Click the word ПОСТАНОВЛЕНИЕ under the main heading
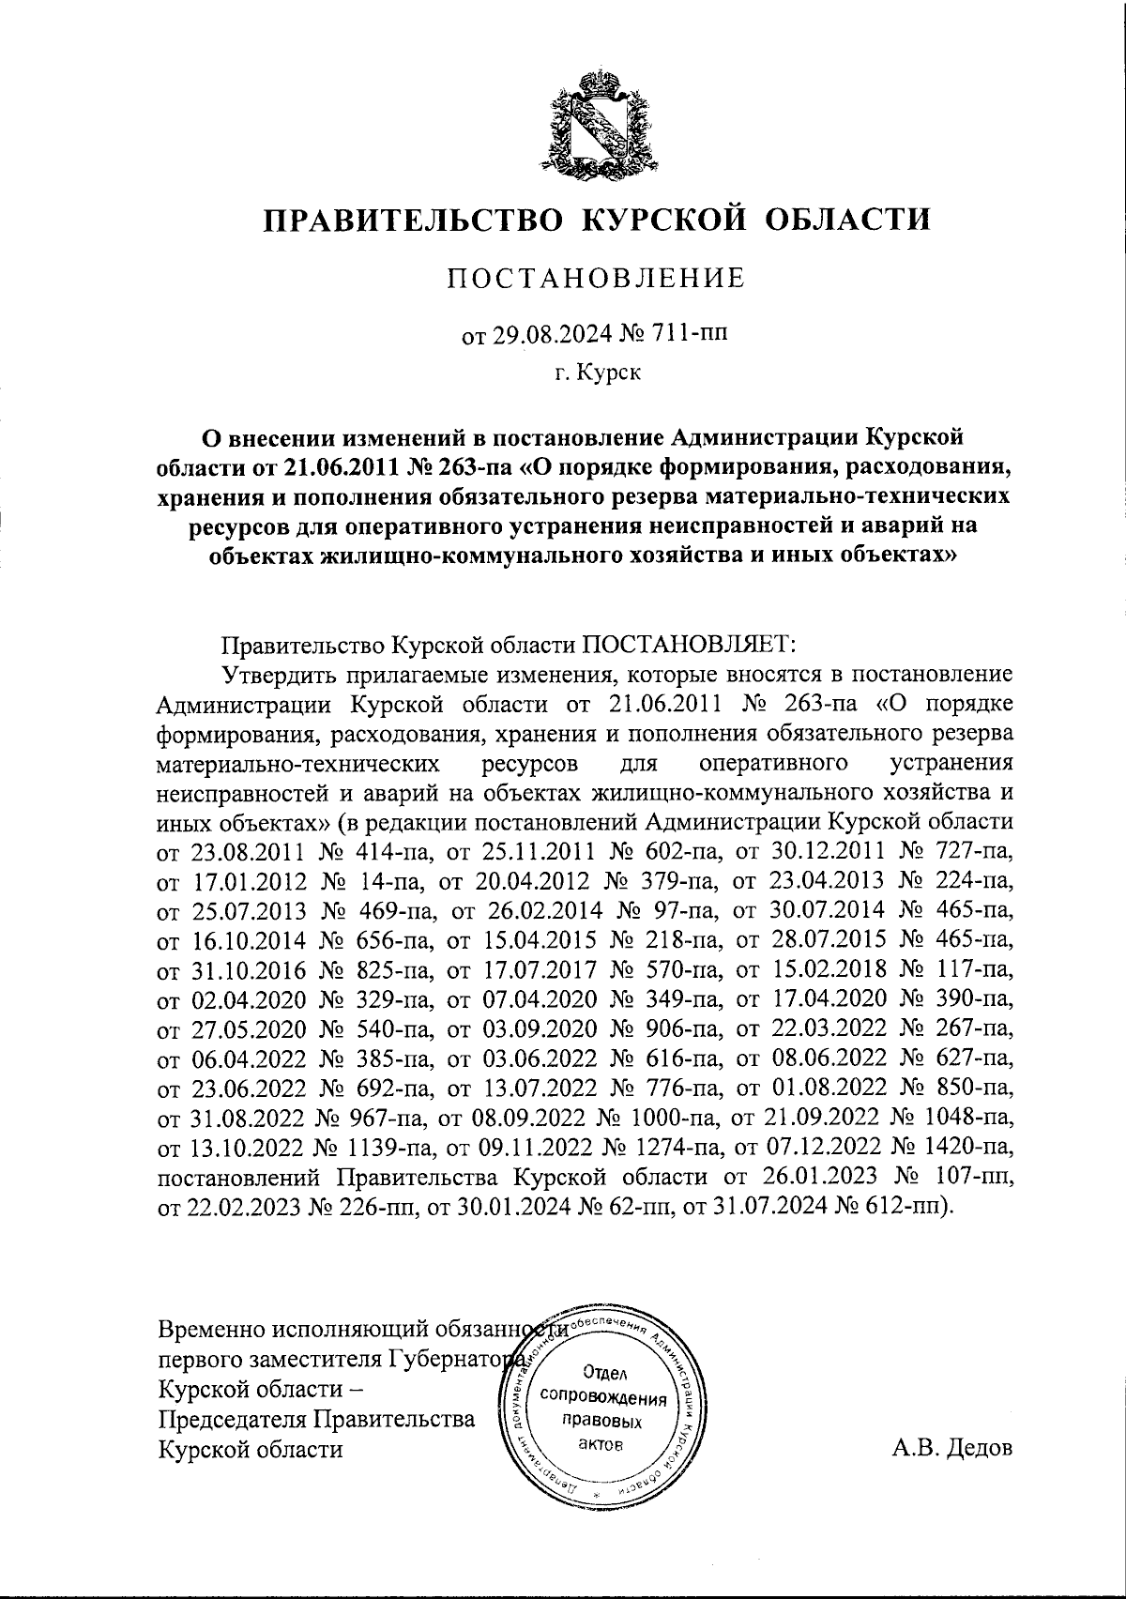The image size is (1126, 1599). point(596,279)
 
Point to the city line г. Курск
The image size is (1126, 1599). point(597,374)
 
